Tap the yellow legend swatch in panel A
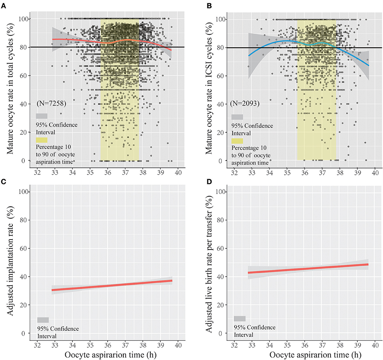(42, 140)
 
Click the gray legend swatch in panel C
(43, 320)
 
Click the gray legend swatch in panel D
(240, 318)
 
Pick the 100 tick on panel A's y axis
(24, 19)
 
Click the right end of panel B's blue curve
(369, 65)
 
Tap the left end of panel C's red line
(52, 290)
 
